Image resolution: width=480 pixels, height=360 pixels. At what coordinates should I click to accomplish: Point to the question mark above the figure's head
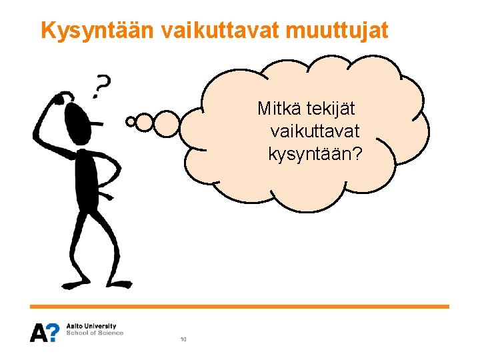(102, 85)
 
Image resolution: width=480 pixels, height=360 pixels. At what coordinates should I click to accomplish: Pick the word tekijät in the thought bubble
(331, 107)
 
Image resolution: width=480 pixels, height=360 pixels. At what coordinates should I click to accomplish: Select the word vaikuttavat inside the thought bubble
(315, 131)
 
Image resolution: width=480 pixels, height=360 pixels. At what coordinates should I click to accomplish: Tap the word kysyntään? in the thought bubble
(315, 154)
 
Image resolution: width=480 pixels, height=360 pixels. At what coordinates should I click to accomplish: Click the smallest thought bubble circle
(131, 122)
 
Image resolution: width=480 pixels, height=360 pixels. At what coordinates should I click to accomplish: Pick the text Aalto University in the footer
(91, 326)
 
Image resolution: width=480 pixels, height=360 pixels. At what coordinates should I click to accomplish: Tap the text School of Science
(95, 333)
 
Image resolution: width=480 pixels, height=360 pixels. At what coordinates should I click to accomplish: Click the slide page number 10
(183, 340)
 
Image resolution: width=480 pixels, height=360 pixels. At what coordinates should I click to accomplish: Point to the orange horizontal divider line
(240, 307)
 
